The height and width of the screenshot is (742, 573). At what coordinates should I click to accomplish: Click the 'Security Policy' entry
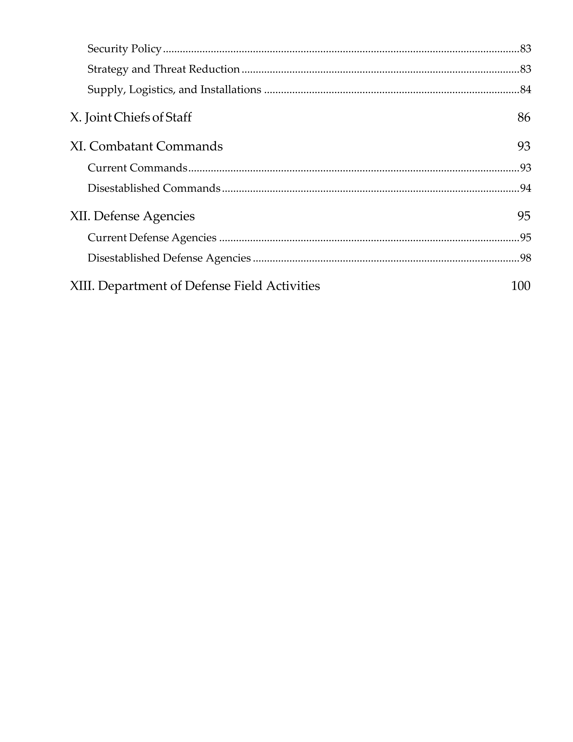pos(124,49)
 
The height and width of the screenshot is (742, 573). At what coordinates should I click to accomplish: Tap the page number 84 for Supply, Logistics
pos(526,90)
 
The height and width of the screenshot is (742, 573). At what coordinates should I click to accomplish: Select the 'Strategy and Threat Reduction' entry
pos(164,69)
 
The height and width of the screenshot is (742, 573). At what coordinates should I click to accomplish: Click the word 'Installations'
pos(231,90)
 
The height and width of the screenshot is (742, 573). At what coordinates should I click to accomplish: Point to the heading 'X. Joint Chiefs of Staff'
pos(131,117)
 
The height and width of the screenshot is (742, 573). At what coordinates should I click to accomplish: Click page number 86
pos(524,117)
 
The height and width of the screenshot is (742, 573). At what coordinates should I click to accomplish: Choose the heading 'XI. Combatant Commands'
pos(146,146)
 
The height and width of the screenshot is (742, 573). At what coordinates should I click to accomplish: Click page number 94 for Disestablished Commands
pos(526,188)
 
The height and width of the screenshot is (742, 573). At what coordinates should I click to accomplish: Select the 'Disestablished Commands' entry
pos(154,188)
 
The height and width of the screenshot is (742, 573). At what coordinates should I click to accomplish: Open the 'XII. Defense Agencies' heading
pos(132,216)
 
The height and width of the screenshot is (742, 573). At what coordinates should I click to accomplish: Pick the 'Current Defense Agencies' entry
pos(152,237)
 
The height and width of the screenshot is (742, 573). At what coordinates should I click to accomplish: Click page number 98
pos(526,258)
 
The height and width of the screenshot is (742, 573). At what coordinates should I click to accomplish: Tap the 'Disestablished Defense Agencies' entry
pos(169,258)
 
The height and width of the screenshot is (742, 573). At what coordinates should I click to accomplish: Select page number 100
pos(521,286)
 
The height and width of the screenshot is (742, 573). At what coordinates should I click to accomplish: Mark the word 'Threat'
pos(170,69)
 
